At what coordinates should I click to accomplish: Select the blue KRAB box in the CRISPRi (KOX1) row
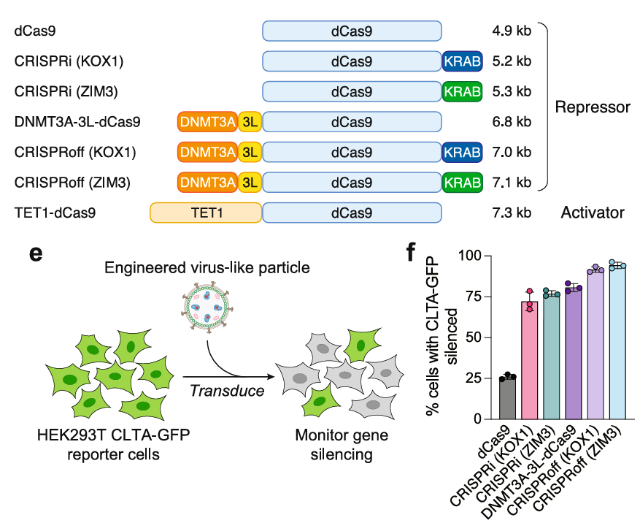(462, 61)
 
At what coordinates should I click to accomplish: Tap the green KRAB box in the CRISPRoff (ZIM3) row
(462, 183)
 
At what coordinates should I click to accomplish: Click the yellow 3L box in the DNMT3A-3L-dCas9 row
(250, 122)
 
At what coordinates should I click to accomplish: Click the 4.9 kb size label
(511, 31)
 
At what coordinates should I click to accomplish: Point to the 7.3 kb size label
(511, 213)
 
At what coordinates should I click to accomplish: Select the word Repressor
(592, 107)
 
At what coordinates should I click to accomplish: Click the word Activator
(592, 213)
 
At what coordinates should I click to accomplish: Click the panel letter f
(412, 253)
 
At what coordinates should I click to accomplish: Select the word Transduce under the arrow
(227, 392)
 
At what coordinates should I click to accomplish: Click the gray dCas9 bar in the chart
(507, 398)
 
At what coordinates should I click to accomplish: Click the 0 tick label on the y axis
(475, 419)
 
